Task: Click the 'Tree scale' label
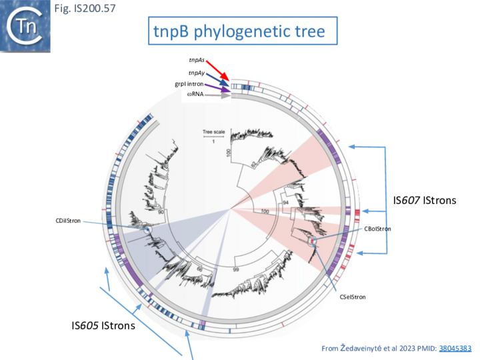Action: point(213,133)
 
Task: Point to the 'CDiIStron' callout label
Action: point(68,220)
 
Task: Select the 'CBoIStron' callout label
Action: point(377,228)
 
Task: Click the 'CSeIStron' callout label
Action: point(353,296)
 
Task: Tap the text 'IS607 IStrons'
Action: point(426,199)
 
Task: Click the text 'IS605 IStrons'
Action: point(103,326)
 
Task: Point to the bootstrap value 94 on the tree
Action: point(286,202)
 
